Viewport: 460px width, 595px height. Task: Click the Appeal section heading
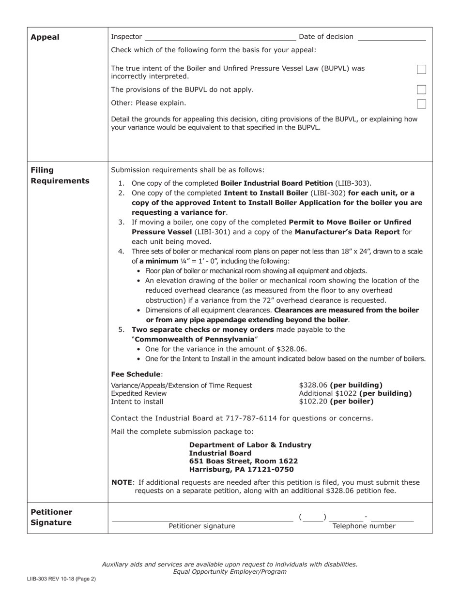tap(45, 37)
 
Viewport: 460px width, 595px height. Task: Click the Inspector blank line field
tap(220, 37)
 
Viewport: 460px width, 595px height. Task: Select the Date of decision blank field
tap(392, 37)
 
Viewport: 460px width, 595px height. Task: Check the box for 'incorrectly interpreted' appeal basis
tap(422, 70)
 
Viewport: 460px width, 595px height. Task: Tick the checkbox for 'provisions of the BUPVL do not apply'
tap(422, 89)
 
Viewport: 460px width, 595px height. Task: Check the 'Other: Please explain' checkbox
tap(422, 104)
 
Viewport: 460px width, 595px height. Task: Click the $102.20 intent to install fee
tap(313, 402)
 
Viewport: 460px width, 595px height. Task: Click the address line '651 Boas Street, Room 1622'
tap(243, 461)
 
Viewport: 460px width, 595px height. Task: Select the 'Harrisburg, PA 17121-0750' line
tap(241, 469)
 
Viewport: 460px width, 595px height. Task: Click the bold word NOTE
tap(122, 482)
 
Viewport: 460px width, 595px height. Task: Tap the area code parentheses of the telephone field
tap(313, 517)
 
